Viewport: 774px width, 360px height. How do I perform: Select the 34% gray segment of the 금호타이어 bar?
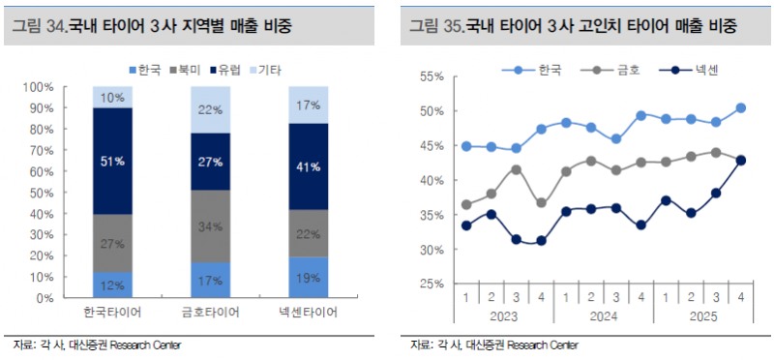(x=211, y=226)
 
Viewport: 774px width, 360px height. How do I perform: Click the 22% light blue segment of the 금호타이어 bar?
(x=211, y=109)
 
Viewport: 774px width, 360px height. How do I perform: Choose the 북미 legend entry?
(x=181, y=70)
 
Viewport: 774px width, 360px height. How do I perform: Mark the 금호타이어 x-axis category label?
(x=211, y=315)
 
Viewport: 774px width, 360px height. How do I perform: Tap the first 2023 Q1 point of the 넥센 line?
(x=467, y=225)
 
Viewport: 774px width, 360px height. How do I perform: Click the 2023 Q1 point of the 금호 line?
(x=467, y=204)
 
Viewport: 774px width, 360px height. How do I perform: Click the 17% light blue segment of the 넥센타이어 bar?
(x=310, y=105)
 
